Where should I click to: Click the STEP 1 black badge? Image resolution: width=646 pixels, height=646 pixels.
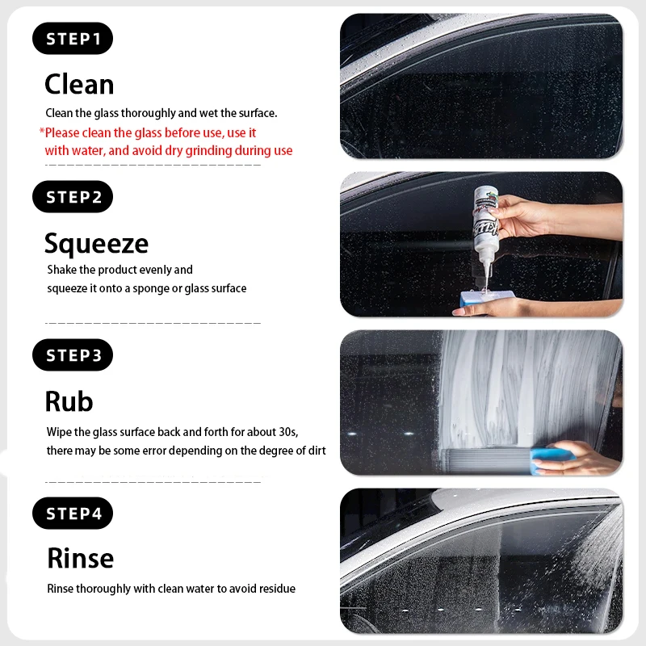73,38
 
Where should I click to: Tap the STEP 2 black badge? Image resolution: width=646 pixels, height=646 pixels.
73,196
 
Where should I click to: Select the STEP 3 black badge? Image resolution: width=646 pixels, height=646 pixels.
73,354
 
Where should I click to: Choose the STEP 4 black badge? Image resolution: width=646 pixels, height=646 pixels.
73,513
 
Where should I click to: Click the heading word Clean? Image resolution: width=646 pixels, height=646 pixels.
79,85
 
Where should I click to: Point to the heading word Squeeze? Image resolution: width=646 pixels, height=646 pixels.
96,244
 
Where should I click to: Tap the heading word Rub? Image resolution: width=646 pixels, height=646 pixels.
69,401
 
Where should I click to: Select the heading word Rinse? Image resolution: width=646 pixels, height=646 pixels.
80,558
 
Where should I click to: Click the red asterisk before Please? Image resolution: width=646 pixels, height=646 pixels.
42,132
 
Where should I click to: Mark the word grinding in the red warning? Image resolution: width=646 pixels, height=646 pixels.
208,151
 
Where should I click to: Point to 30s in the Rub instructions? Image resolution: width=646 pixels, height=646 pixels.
288,432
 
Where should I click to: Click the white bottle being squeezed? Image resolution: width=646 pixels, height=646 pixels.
485,235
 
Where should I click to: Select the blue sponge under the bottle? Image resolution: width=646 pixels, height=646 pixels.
486,298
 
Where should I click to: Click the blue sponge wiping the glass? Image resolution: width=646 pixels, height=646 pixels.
552,459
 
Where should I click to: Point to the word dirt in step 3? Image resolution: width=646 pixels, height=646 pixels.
317,451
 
